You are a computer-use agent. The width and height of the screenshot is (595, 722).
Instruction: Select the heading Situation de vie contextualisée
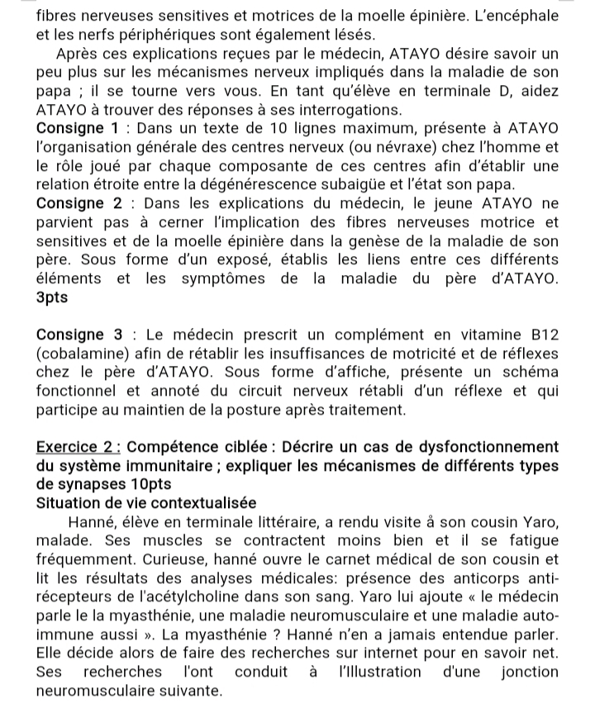tap(147, 502)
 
